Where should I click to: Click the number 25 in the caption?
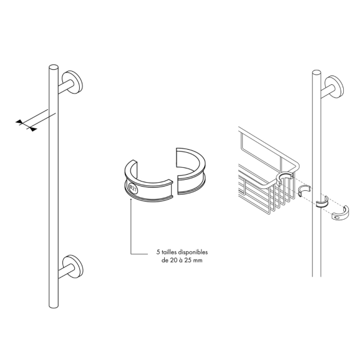pos(188,260)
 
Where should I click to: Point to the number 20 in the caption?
pos(173,260)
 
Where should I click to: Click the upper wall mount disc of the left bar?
pos(72,82)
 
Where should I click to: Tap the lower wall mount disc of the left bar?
pos(73,266)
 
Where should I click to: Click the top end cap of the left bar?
pos(54,67)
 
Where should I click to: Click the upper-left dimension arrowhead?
pos(19,122)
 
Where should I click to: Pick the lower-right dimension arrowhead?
pos(33,129)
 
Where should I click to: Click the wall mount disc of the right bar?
pos(334,87)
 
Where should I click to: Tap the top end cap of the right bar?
pos(316,73)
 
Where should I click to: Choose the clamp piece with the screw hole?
pos(341,214)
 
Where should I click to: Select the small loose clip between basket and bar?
pos(304,190)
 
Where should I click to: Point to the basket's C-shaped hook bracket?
pos(284,178)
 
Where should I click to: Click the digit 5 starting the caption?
pos(158,252)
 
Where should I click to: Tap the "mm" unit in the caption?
pos(198,261)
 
